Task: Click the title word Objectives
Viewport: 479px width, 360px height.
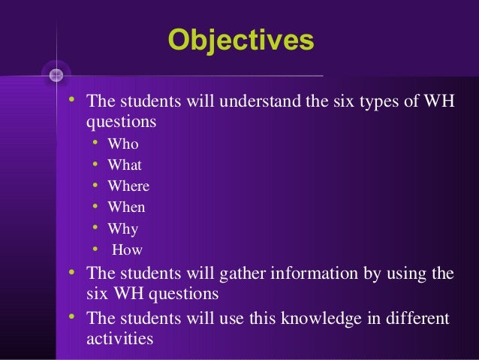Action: pos(240,39)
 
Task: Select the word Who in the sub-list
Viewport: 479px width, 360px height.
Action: pos(123,144)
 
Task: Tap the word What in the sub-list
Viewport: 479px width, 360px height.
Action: pos(125,165)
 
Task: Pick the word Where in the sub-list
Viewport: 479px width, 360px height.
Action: pos(128,186)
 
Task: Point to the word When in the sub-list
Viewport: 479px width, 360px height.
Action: pos(126,208)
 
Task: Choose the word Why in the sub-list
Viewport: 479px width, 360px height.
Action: pos(123,229)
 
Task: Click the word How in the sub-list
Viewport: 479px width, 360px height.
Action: pos(127,251)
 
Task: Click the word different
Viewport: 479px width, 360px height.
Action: pos(417,319)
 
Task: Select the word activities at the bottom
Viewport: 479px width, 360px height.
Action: pos(120,339)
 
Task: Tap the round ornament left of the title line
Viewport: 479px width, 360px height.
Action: pos(56,74)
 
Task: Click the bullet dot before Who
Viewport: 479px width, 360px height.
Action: pos(95,144)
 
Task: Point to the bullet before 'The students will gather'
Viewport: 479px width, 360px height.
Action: pos(72,271)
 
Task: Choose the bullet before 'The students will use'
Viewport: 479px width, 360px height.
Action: pos(72,317)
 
